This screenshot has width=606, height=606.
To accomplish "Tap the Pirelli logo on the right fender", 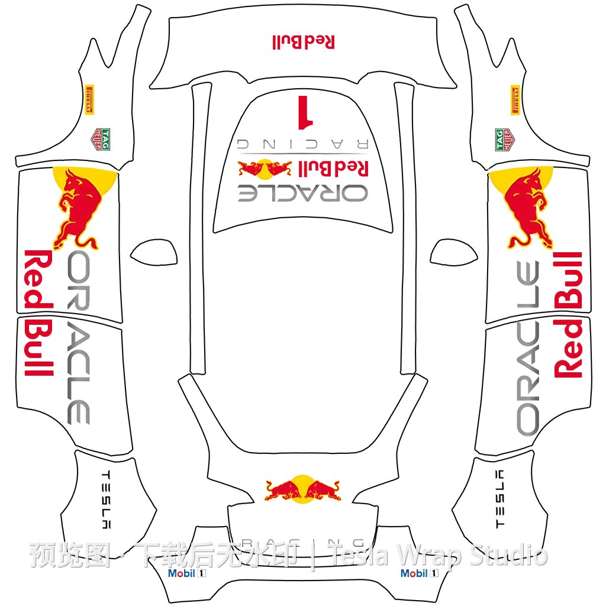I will pyautogui.click(x=515, y=99).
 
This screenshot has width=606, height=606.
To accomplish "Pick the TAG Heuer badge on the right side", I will pyautogui.click(x=503, y=140).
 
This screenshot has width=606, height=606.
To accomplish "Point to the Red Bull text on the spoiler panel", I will pyautogui.click(x=304, y=41).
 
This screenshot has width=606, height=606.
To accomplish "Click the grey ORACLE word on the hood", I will pyautogui.click(x=303, y=193).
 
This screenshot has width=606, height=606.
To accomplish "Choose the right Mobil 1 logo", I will pyautogui.click(x=420, y=573).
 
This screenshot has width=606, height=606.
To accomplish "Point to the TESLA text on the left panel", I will pyautogui.click(x=107, y=499).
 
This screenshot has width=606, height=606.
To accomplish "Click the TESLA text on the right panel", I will pyautogui.click(x=499, y=499).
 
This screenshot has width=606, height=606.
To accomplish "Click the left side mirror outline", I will pyautogui.click(x=154, y=253).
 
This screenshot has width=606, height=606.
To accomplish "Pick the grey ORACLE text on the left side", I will pyautogui.click(x=79, y=337).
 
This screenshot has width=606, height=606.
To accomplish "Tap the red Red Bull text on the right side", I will pyautogui.click(x=568, y=314).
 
